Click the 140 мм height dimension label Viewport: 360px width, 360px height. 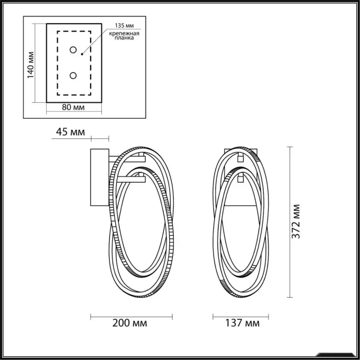click(x=30, y=65)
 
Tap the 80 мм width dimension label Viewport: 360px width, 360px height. click(x=73, y=107)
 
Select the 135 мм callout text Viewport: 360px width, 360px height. click(x=124, y=25)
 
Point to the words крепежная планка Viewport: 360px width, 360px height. click(x=124, y=35)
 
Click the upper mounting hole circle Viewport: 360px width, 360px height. click(x=73, y=50)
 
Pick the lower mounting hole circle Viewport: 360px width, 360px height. click(x=73, y=76)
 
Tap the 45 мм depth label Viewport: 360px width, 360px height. click(x=70, y=132)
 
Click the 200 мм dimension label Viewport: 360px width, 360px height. click(x=130, y=323)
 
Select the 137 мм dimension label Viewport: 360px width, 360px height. click(x=242, y=323)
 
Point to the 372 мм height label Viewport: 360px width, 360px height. click(x=296, y=221)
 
